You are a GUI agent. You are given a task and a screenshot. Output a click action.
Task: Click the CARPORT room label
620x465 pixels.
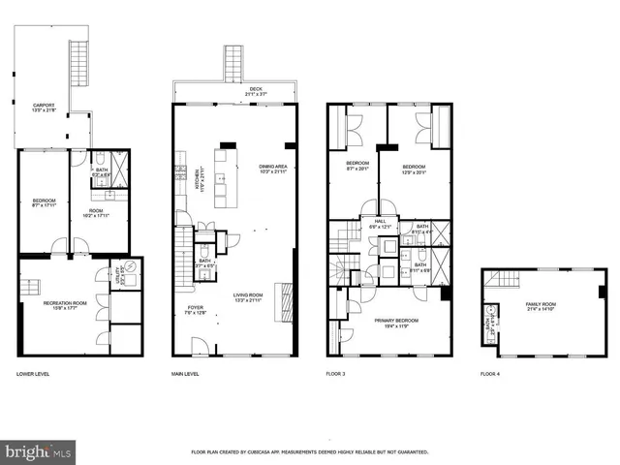tap(44, 107)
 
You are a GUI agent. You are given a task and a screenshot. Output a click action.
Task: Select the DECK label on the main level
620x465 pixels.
tap(256, 90)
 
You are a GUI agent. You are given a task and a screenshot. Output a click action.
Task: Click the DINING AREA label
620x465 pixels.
tap(272, 169)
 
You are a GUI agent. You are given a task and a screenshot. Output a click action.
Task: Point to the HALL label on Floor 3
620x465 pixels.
tap(381, 223)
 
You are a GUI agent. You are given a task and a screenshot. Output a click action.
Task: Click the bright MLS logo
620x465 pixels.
tap(39, 451)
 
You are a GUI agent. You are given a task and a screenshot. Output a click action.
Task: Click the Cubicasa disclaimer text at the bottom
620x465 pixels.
tap(309, 452)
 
